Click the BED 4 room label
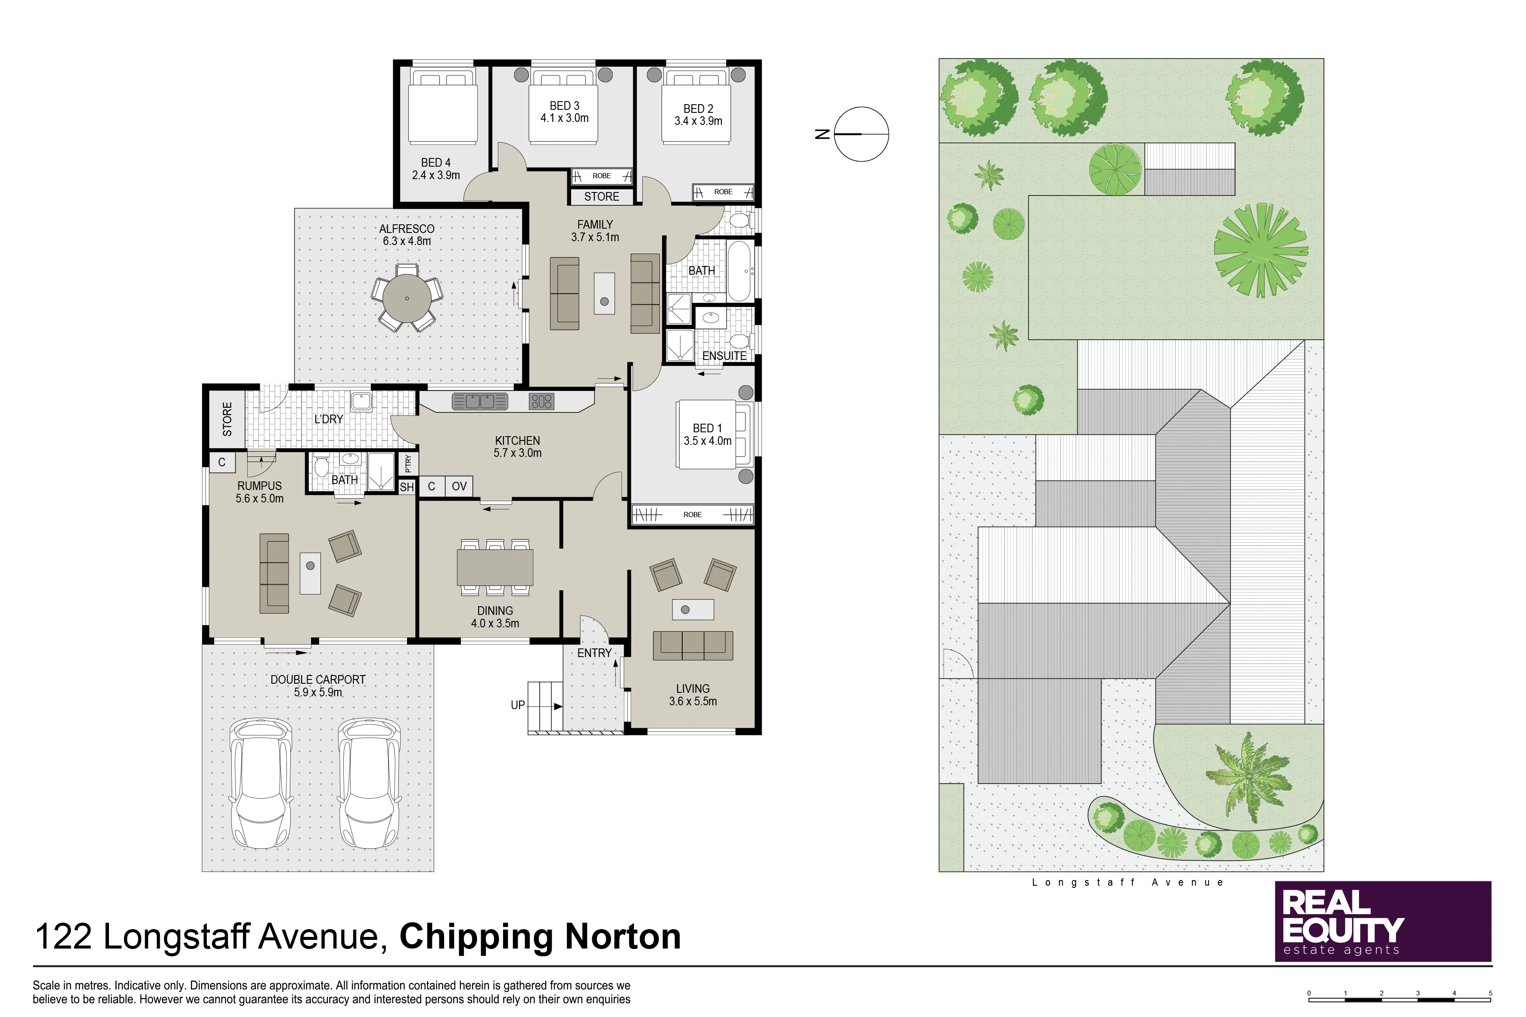coord(435,163)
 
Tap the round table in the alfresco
coord(407,298)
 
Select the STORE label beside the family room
coord(601,196)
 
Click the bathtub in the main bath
coord(739,271)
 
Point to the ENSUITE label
coord(724,356)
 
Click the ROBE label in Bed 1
coord(692,515)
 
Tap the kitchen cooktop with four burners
coord(541,401)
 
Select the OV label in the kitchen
coord(460,487)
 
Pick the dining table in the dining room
coord(495,567)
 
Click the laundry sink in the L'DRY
coord(361,401)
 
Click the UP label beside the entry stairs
coord(518,705)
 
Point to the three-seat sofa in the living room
coord(693,645)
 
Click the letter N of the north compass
coord(822,134)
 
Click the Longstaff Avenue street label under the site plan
coord(1128,883)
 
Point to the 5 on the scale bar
coord(1490,993)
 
